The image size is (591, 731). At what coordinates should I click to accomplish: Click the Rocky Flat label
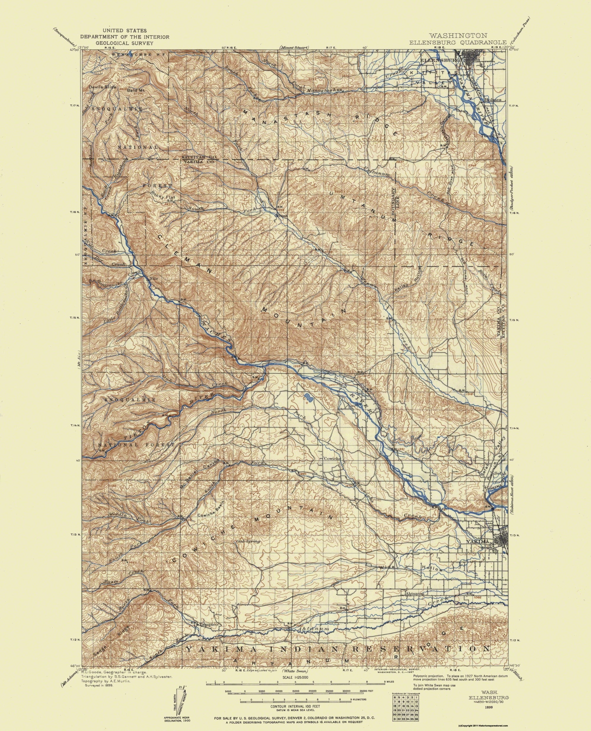pos(163,195)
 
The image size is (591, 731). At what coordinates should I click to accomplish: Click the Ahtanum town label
pos(415,594)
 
